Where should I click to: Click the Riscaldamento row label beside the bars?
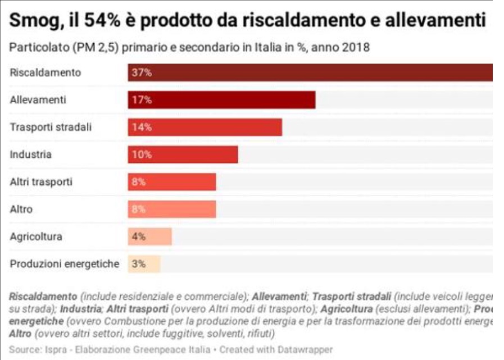(x=46, y=73)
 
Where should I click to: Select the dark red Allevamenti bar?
(x=221, y=100)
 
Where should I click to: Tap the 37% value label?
(x=142, y=73)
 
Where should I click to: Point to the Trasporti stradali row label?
(x=51, y=127)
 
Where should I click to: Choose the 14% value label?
(x=142, y=127)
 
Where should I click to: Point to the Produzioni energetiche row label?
(x=65, y=264)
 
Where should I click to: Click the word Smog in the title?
(x=33, y=21)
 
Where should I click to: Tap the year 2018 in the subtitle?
(x=355, y=47)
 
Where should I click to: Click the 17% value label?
(x=142, y=100)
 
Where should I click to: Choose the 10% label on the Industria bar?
(x=142, y=154)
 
